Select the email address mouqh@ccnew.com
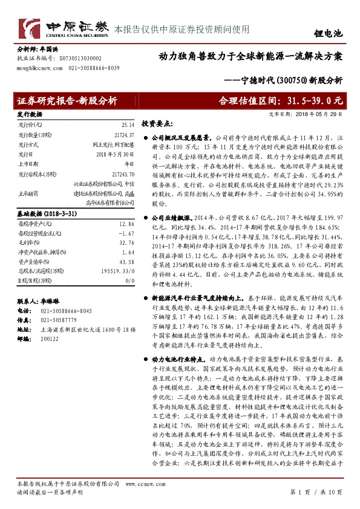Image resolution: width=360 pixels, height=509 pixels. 37,69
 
